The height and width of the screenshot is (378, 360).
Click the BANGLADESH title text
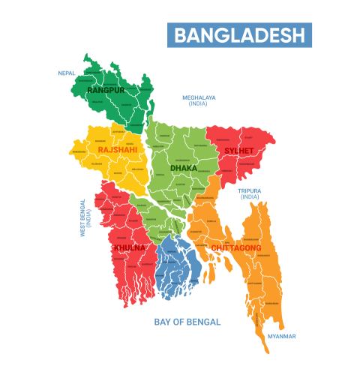point(240,35)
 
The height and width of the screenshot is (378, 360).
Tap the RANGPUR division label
point(105,90)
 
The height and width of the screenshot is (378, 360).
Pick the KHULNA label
point(129,247)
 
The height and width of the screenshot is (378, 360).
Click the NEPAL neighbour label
point(67,73)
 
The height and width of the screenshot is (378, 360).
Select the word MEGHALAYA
point(199,97)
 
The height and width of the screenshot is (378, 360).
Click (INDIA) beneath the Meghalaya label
point(199,104)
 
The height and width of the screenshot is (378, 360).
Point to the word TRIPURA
point(250,190)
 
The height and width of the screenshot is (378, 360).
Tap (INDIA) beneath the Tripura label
point(250,196)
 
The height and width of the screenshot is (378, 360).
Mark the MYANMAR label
point(282,336)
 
